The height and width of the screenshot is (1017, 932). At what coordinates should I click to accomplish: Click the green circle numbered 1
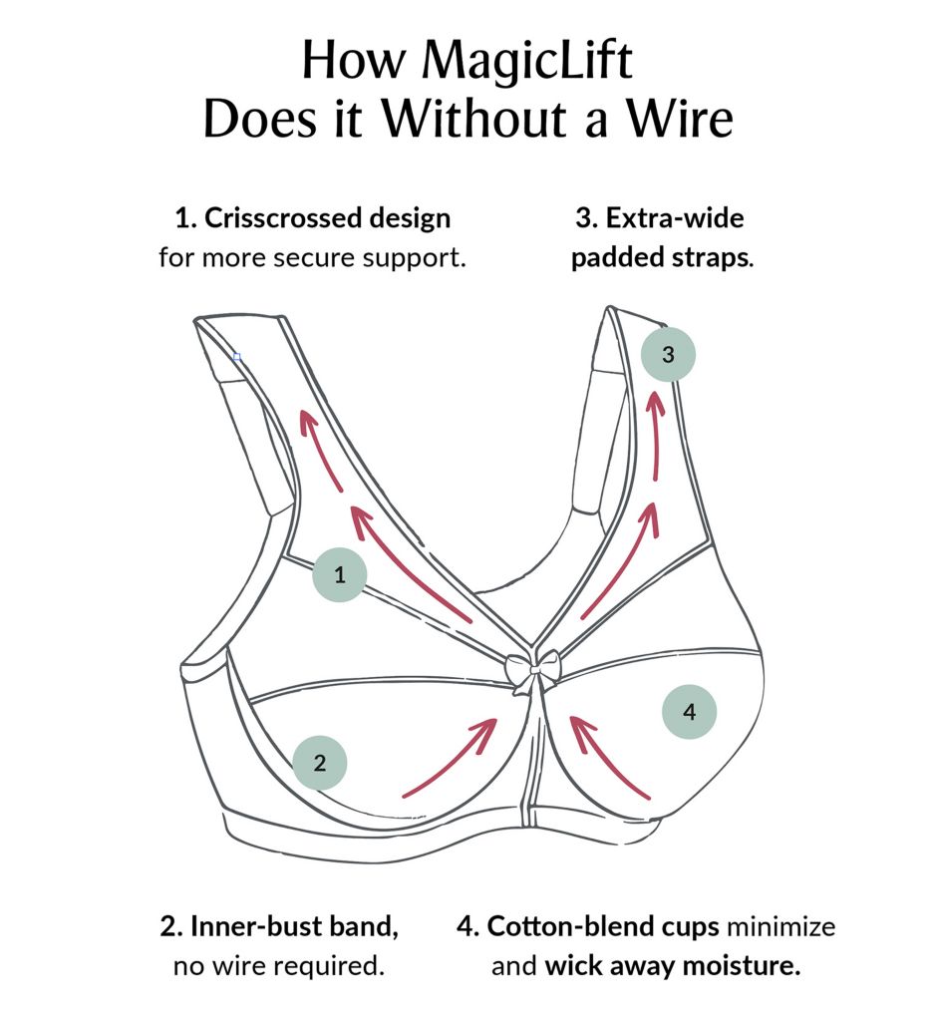(339, 575)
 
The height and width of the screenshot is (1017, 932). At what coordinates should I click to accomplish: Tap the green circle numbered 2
(319, 764)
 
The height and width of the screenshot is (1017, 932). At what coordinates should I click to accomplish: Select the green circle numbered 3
(668, 354)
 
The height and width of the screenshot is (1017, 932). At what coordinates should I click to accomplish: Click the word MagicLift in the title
(528, 61)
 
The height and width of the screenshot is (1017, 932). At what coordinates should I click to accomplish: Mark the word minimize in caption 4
(780, 926)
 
